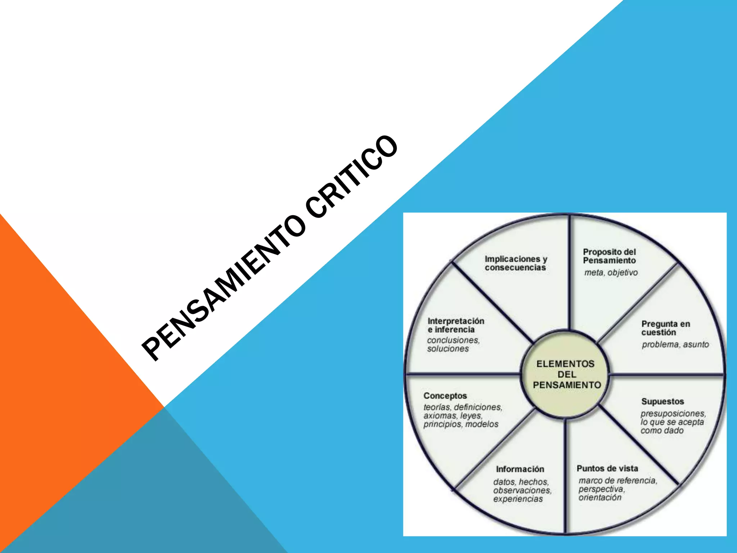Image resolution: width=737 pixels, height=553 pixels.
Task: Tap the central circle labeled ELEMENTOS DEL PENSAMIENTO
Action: pos(565,374)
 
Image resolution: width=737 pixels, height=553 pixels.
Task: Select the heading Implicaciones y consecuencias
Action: pos(515,263)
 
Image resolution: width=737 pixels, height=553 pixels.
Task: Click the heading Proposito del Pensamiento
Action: pos(609,256)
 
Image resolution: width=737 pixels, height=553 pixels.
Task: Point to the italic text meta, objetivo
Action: pos(611,273)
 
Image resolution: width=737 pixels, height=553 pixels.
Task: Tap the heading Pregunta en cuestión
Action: pos(665,328)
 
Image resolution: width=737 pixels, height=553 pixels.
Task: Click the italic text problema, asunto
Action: pos(675,345)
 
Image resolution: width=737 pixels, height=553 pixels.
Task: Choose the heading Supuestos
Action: pos(662,401)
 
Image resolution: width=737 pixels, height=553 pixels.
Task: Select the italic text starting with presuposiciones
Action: pos(673,422)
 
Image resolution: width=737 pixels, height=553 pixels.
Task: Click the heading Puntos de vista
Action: pos(607,468)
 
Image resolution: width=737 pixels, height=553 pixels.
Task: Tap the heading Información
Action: pos(520,469)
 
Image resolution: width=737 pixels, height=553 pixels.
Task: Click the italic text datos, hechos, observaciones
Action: pos(522,490)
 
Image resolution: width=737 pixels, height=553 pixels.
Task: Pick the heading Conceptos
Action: pos(445,396)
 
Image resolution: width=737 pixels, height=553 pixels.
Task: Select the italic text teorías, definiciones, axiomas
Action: pos(462,415)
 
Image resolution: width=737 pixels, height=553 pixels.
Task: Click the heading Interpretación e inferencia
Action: pos(456,325)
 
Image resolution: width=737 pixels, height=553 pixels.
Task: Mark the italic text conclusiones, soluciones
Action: pos(453,344)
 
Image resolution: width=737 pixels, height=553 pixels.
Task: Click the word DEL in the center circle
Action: pos(567,374)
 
